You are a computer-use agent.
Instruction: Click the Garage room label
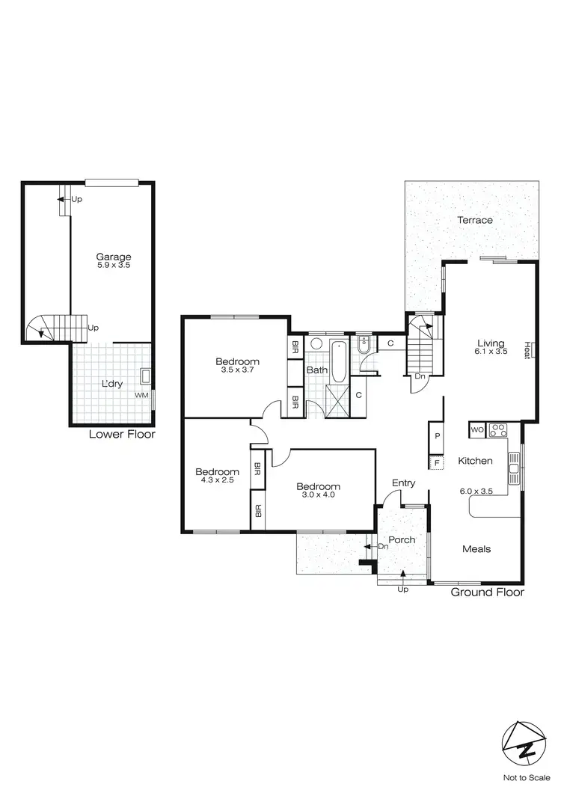coord(113,257)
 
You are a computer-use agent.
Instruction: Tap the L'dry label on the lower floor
coord(112,384)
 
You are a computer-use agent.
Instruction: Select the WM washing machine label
coord(141,394)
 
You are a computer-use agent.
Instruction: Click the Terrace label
coord(475,220)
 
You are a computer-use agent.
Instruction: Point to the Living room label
coord(491,343)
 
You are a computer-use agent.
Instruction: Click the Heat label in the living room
coord(527,349)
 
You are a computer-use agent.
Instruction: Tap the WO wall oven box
coord(476,430)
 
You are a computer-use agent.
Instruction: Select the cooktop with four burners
coord(497,430)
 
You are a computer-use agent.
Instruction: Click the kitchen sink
coord(514,469)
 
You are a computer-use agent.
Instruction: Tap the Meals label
coord(476,548)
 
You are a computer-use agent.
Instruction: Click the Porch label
coord(402,539)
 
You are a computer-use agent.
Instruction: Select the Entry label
coord(403,483)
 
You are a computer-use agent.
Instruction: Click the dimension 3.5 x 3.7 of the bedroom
coord(239,370)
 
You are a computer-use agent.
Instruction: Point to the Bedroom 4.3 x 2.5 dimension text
coord(217,481)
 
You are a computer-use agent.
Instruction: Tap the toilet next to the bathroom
coord(364,346)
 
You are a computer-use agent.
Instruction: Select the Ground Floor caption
coord(487,593)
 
